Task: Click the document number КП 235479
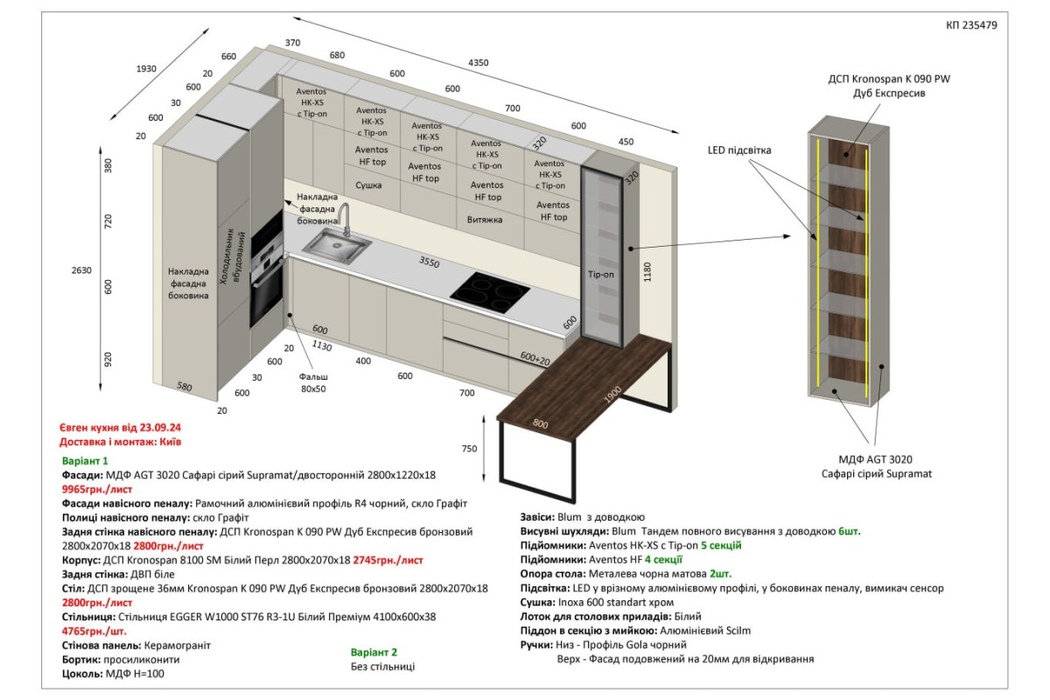coord(971,25)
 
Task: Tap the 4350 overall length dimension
coord(478,62)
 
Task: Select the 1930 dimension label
coord(146,69)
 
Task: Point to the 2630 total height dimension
coord(81,270)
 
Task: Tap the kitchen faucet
coord(344,219)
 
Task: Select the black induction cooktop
coord(490,292)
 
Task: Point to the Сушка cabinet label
coord(368,185)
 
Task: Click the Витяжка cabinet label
coord(485,220)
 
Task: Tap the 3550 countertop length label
coord(430,262)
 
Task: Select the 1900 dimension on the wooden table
coord(612,395)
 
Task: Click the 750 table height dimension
coord(469,449)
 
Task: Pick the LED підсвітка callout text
coord(739,150)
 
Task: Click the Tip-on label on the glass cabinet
coord(600,274)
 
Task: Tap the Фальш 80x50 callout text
coord(313,382)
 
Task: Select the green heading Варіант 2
coord(374,652)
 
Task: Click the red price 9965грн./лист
coord(97,489)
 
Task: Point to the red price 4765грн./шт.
coord(94,631)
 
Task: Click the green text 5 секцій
coord(721,545)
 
